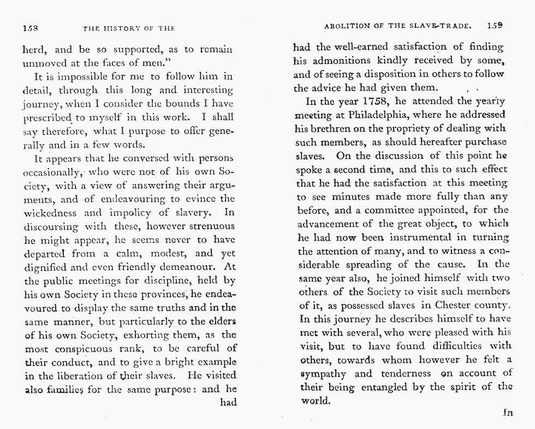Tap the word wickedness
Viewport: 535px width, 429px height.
52,212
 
